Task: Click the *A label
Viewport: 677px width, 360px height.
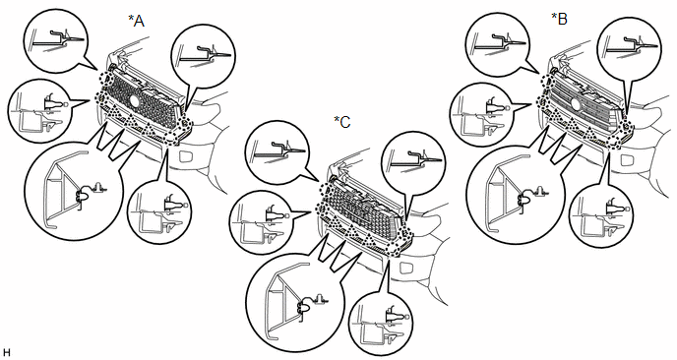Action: point(137,21)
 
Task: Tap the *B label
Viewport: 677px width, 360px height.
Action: point(560,19)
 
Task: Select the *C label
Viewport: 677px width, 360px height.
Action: point(342,122)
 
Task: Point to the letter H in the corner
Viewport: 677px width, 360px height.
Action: point(7,352)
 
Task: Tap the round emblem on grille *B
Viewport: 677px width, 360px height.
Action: point(575,103)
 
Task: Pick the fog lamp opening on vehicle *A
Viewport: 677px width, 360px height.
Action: point(186,155)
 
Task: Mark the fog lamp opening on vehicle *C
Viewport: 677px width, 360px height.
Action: point(407,268)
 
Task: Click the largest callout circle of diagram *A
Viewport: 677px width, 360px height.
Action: point(74,190)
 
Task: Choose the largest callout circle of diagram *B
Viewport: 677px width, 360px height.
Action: point(516,194)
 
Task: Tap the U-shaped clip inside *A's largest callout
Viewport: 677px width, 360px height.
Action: point(82,198)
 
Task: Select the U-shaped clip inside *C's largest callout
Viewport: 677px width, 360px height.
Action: point(304,307)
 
